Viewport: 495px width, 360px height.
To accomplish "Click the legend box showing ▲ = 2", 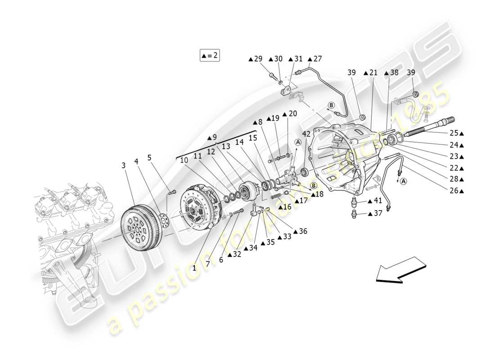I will click(210, 56).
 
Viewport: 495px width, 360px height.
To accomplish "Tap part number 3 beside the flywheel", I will click(123, 166).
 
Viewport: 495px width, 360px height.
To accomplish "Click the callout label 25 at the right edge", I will click(454, 133).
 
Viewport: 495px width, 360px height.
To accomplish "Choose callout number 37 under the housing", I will click(377, 213).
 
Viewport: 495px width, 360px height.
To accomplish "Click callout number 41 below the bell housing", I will click(377, 201).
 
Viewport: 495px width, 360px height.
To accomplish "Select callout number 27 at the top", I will click(317, 58).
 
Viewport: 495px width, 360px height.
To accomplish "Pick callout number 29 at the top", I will click(257, 58).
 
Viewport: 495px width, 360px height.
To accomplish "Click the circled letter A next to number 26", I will click(403, 181).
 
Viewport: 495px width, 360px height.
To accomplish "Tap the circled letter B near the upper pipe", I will click(331, 105).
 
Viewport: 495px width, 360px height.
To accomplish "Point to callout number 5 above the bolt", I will click(150, 158).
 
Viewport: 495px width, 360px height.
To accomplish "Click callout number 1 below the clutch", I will click(194, 267).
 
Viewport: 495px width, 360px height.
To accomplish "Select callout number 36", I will click(302, 231).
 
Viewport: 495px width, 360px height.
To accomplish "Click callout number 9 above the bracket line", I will click(214, 138).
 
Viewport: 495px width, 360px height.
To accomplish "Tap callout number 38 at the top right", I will click(393, 73).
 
